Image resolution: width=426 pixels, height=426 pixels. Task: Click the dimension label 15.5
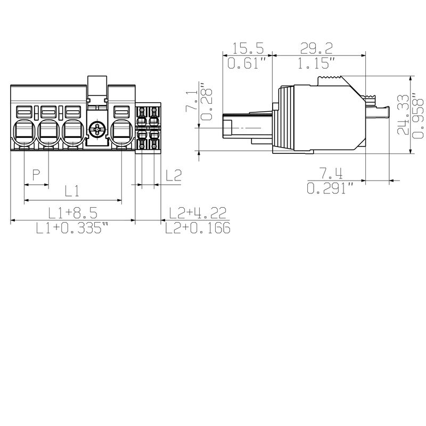248,49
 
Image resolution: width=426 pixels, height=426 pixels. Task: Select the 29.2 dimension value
318,49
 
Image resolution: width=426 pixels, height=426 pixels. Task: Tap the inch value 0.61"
246,64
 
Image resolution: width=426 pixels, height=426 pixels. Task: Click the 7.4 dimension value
330,174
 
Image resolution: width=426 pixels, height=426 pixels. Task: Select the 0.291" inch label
331,189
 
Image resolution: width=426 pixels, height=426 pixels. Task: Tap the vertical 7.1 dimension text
191,100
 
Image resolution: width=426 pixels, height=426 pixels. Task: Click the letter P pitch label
36,175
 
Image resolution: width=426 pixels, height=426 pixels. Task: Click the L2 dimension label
174,175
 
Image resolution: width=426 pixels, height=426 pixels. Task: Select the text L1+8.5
72,214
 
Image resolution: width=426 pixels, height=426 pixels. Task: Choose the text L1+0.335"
72,228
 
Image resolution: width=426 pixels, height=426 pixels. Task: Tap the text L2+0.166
197,228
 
